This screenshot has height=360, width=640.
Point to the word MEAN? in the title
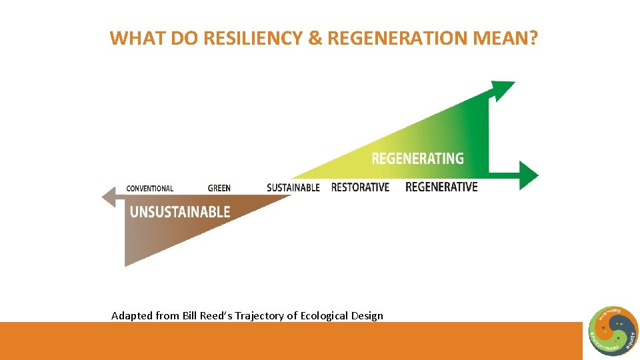click(x=505, y=39)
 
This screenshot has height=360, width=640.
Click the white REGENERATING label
click(x=417, y=159)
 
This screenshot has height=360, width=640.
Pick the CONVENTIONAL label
click(x=149, y=189)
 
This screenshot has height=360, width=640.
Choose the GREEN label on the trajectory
click(x=219, y=189)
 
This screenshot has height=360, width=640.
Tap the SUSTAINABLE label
click(x=293, y=188)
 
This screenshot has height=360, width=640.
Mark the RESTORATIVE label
click(x=360, y=187)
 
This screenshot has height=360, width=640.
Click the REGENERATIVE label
click(x=441, y=187)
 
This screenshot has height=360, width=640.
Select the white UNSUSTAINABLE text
click(x=180, y=212)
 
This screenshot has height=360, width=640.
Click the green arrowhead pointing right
click(x=529, y=175)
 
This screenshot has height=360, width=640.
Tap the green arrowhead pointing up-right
click(x=503, y=89)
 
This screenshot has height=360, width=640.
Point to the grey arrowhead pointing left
click(x=109, y=197)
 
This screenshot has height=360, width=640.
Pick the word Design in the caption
click(x=367, y=315)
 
